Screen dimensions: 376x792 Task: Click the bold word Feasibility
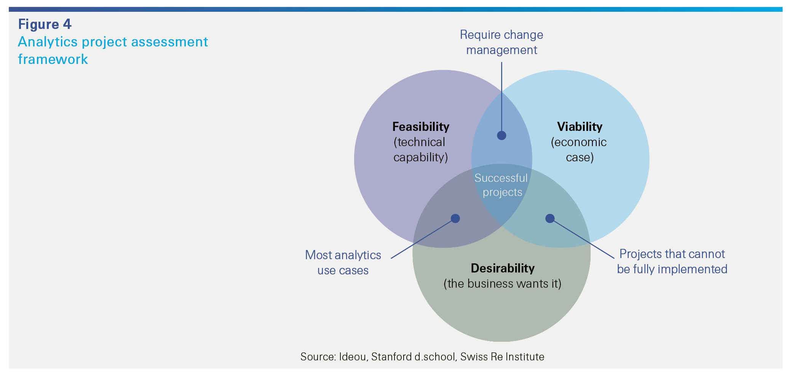point(421,127)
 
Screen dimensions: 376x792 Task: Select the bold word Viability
point(580,127)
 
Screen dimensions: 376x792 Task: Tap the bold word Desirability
point(503,268)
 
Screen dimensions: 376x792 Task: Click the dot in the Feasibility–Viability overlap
point(501,135)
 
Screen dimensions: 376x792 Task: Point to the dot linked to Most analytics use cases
point(455,218)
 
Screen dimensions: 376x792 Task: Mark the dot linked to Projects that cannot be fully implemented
point(550,218)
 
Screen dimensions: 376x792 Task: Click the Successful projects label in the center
point(501,185)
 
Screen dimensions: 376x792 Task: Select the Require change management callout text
point(501,42)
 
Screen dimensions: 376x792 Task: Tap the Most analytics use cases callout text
point(343,263)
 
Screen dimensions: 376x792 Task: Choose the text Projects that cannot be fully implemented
point(672,261)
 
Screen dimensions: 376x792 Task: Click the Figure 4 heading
point(45,24)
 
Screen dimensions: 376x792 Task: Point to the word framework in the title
point(53,59)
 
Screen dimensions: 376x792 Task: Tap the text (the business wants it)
point(503,284)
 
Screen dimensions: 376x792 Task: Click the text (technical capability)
point(420,150)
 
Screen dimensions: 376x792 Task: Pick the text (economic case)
point(579,150)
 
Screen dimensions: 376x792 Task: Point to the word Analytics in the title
point(48,42)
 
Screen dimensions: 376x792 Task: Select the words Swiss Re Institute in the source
point(502,357)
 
